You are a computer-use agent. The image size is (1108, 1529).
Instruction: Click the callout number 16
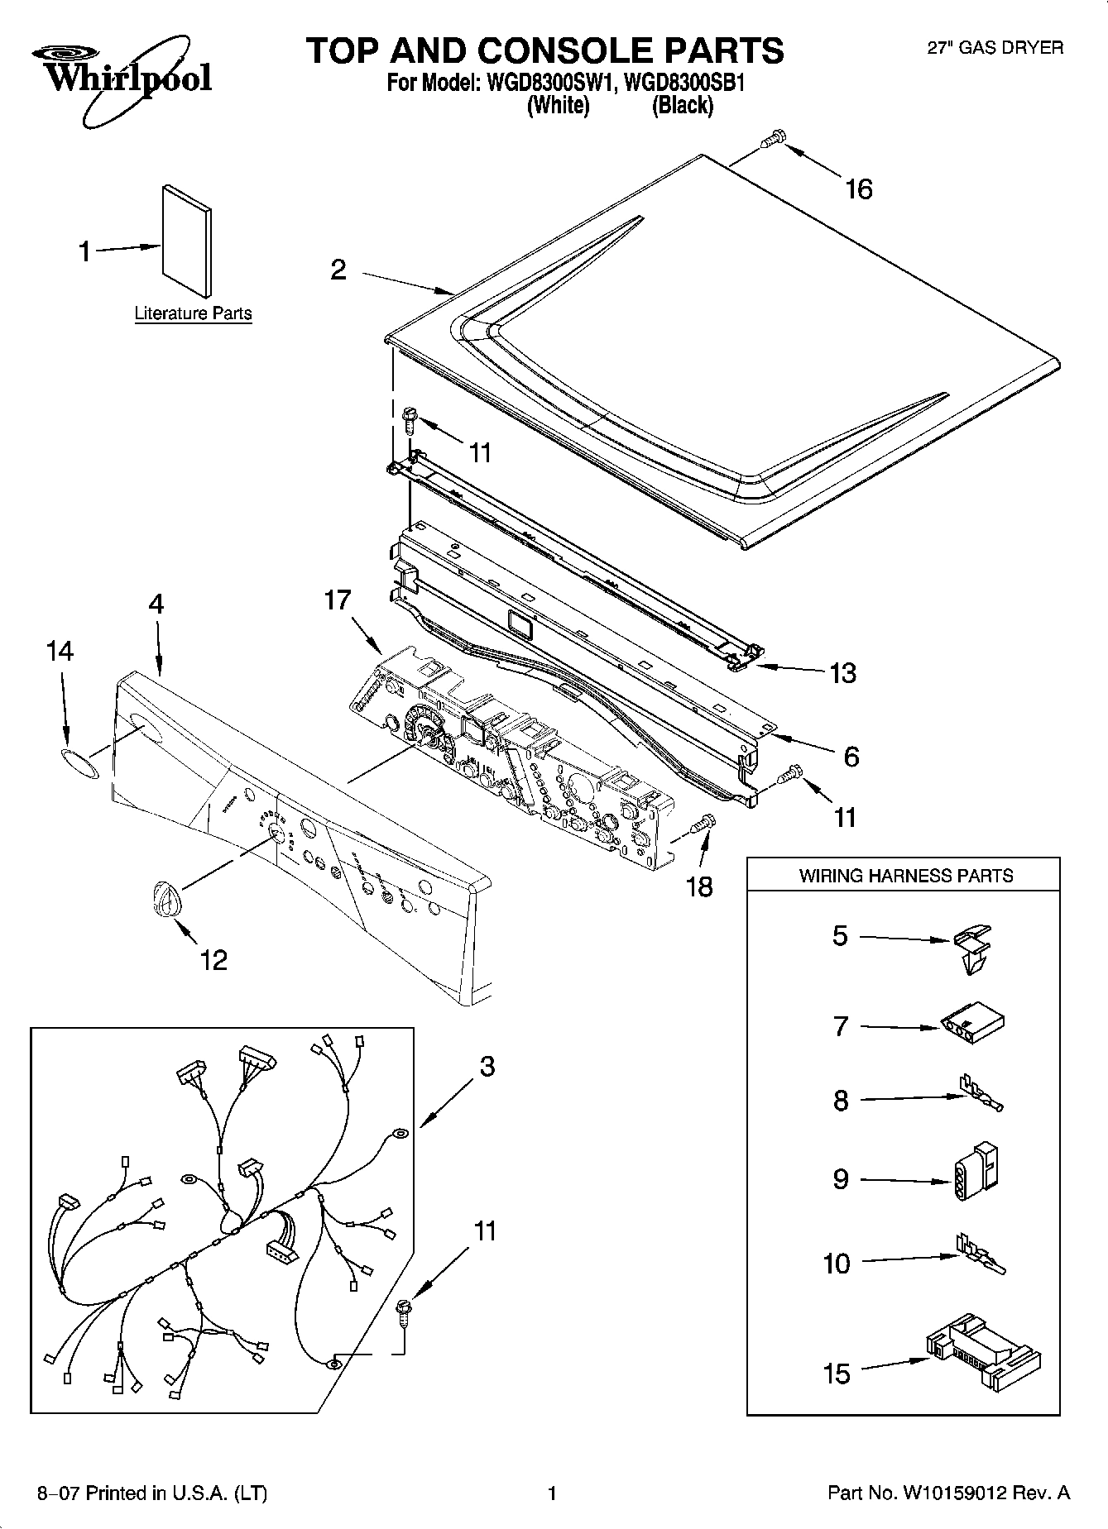pos(859,189)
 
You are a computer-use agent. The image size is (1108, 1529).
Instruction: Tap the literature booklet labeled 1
pos(186,240)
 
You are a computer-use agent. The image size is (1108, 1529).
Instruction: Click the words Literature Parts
pos(193,313)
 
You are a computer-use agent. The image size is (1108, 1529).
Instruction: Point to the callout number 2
pos(338,270)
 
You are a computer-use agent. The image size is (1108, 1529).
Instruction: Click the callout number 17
pos(338,600)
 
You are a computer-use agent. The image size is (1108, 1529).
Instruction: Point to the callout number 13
pos(842,673)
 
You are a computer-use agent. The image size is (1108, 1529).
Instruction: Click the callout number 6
pos(851,756)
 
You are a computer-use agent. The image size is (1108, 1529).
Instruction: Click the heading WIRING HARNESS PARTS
pos(905,876)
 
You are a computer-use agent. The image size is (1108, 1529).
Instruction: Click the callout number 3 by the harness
pos(487,1067)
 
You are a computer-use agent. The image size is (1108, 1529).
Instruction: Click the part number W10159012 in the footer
pos(954,1493)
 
